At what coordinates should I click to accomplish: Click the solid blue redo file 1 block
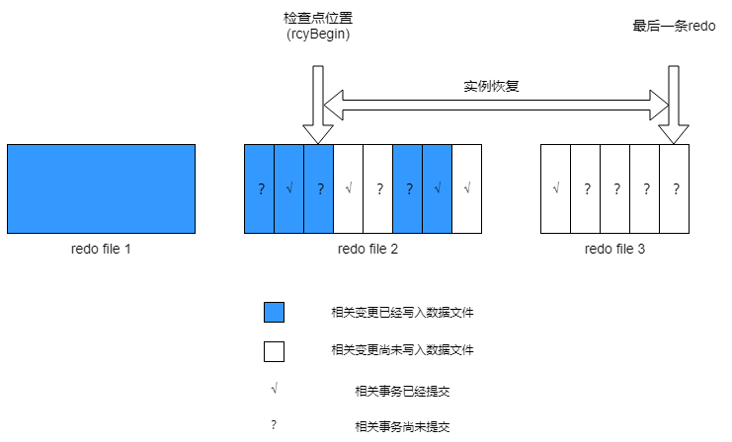point(101,188)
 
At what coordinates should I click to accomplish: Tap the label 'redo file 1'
point(101,249)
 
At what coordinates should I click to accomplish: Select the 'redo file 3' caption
point(614,249)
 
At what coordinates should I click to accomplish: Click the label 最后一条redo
point(674,26)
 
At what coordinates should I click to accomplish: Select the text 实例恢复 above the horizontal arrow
point(492,86)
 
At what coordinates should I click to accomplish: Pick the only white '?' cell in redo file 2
point(378,188)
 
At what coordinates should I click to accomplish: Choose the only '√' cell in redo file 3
point(556,188)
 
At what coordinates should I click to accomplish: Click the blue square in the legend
point(274,313)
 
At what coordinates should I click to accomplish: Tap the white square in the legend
point(274,351)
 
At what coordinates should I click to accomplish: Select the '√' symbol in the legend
point(274,390)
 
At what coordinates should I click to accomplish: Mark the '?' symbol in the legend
point(274,426)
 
